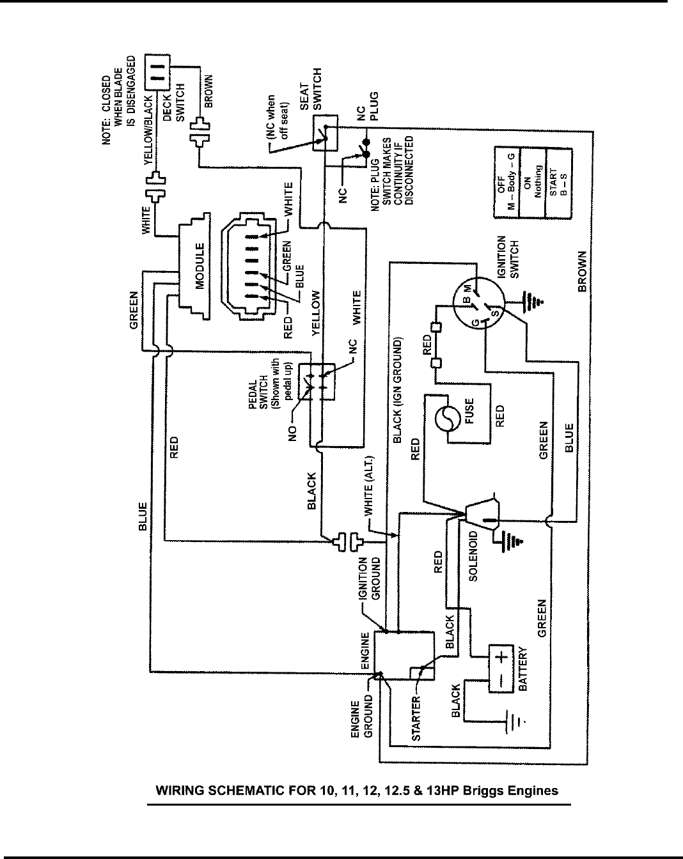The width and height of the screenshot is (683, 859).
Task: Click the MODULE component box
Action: [x=194, y=266]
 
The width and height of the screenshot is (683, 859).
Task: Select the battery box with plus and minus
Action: [x=501, y=669]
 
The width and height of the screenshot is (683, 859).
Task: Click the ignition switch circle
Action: [x=478, y=303]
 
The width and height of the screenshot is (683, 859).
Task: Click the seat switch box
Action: [x=325, y=133]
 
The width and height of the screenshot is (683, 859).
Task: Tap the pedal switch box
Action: [x=317, y=381]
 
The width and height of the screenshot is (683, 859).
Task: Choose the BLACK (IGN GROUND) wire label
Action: [x=397, y=391]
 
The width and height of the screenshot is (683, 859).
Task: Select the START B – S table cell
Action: [x=558, y=182]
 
